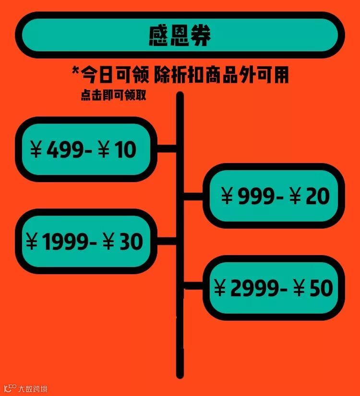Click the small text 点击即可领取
click(x=114, y=96)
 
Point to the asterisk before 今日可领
click(x=75, y=72)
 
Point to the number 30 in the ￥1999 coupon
click(x=130, y=243)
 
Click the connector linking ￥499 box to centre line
click(x=167, y=149)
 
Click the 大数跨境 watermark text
click(x=33, y=388)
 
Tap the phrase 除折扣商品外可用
click(x=222, y=75)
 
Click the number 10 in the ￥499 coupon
click(x=126, y=150)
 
